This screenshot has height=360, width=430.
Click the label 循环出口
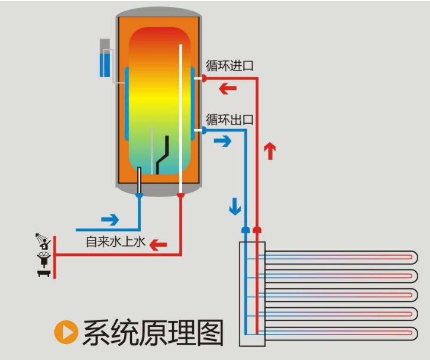(x=229, y=119)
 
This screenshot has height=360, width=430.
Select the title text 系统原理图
(x=153, y=333)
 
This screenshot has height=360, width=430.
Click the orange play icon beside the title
(x=66, y=333)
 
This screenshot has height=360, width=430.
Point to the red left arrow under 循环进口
(x=228, y=89)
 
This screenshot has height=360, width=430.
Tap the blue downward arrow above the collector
(x=235, y=206)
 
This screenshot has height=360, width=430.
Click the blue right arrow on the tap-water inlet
(x=110, y=220)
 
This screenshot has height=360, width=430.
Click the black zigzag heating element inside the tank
(x=163, y=155)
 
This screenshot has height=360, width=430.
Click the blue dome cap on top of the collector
(x=246, y=229)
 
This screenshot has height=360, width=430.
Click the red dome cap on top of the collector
(x=257, y=229)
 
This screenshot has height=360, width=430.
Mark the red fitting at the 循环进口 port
(x=203, y=78)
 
